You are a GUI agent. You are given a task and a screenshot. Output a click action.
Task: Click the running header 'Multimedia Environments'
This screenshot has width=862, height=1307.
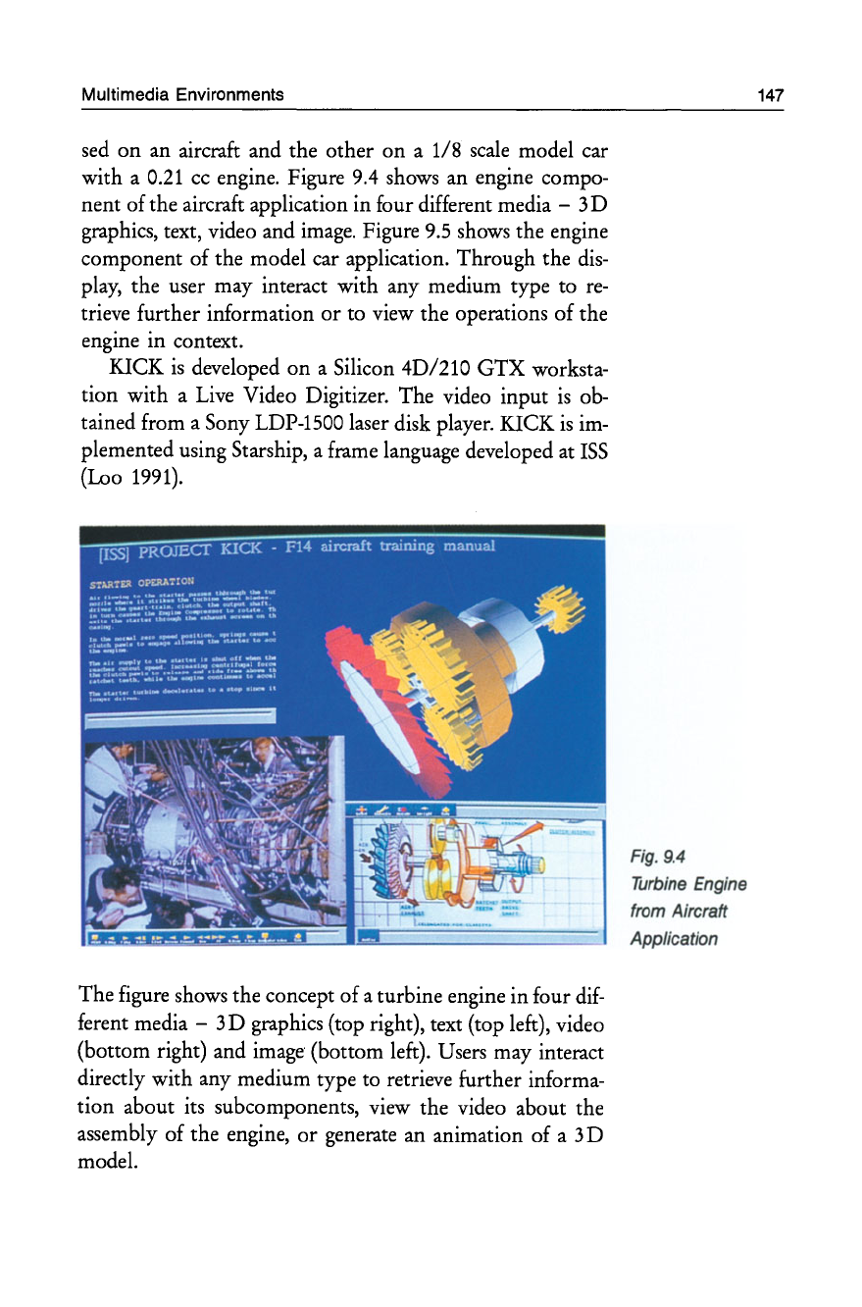tap(182, 95)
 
